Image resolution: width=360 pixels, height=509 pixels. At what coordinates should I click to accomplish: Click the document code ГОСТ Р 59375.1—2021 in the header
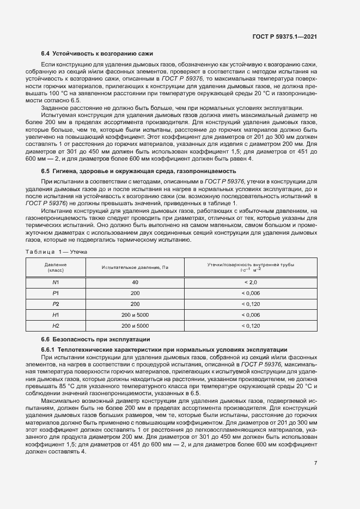click(x=284, y=36)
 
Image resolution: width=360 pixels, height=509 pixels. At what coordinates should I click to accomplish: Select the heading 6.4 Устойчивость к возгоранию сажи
click(x=97, y=53)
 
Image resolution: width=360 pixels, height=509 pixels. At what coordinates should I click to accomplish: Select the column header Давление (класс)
click(x=56, y=267)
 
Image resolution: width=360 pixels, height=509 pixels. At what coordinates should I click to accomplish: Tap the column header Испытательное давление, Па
click(x=135, y=267)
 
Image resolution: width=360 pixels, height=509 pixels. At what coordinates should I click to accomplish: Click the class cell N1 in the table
click(x=56, y=283)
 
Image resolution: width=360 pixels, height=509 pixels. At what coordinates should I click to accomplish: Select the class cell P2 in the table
click(x=56, y=304)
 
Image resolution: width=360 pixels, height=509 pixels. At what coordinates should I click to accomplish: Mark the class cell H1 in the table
click(x=56, y=315)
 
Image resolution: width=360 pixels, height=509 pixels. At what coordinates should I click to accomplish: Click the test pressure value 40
click(x=135, y=283)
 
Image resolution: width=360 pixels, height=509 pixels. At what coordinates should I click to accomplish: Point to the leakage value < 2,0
click(x=251, y=283)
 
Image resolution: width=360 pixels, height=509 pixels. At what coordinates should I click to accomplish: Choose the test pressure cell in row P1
click(x=135, y=293)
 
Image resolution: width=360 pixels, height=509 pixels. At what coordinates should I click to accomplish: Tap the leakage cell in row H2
click(x=251, y=326)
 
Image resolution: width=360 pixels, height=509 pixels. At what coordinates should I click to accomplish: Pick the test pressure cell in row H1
click(x=135, y=315)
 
